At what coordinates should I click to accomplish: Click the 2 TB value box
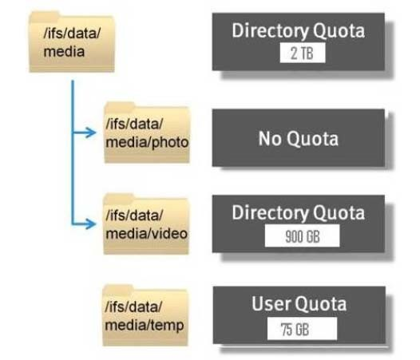303,53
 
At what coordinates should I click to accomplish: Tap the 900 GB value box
302,235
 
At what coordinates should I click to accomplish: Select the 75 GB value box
302,328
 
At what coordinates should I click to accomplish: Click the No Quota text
299,138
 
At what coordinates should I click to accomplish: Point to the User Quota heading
299,304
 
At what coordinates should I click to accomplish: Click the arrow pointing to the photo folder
84,133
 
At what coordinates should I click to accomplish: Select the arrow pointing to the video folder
84,224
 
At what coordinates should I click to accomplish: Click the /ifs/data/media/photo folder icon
147,132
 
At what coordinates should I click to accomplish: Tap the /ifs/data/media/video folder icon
146,224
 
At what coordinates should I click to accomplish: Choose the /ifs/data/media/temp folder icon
145,315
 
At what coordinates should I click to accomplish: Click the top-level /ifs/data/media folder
72,42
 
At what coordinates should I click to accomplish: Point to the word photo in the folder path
170,142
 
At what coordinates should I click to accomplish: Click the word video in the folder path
169,234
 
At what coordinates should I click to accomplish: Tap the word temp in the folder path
167,326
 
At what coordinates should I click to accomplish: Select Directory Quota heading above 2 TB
299,30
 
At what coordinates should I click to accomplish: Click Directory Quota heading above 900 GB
299,213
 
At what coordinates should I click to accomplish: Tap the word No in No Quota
270,138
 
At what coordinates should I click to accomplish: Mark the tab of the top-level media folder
45,17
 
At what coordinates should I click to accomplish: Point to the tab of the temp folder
118,290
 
